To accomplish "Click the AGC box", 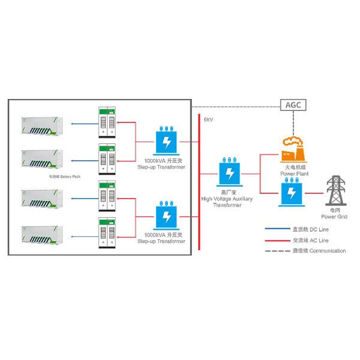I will click(x=294, y=105).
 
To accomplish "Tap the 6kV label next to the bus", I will click(x=208, y=120).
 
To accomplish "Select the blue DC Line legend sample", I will click(x=277, y=229).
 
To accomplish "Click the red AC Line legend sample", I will click(x=277, y=239).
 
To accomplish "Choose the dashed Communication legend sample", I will click(x=277, y=250).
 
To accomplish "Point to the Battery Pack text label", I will click(x=65, y=178).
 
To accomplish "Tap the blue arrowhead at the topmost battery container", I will click(x=71, y=125).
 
